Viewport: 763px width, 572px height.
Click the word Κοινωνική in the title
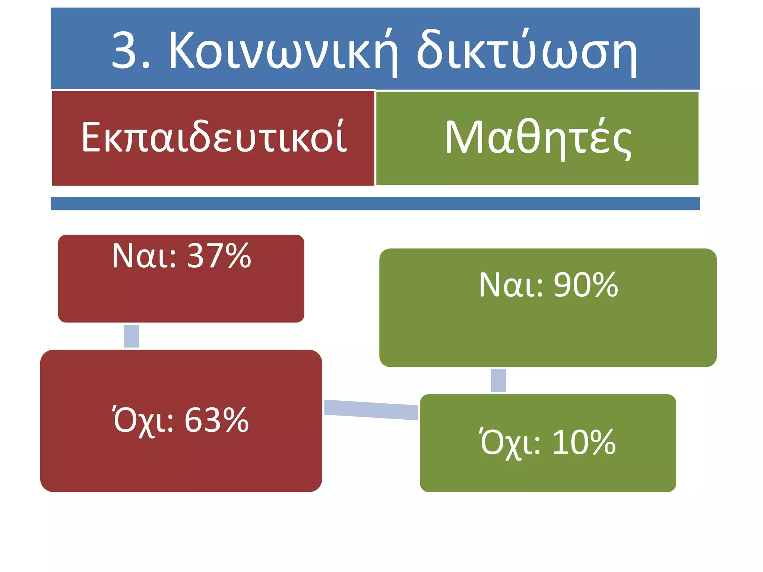click(283, 50)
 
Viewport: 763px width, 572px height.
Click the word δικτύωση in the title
click(526, 50)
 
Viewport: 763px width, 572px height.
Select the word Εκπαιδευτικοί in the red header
click(214, 137)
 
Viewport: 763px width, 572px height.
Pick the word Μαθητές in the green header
click(538, 138)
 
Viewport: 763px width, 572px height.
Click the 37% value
click(219, 256)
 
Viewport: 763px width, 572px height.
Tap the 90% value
click(586, 285)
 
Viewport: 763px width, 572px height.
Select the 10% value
click(584, 442)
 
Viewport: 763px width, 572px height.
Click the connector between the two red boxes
click(131, 336)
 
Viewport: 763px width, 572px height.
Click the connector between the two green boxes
click(498, 381)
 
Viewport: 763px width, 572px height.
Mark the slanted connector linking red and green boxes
click(371, 409)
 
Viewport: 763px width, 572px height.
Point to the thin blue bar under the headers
click(375, 203)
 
